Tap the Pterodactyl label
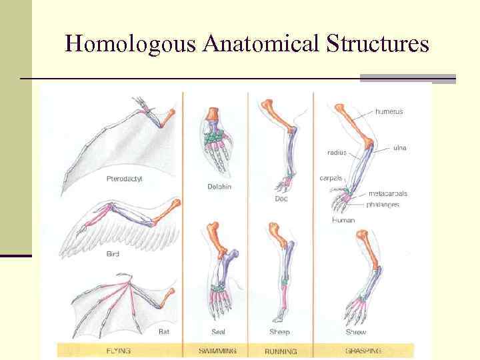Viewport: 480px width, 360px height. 124,179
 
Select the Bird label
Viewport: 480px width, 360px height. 113,254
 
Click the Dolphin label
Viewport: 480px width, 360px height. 219,187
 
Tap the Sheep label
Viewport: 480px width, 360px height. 280,332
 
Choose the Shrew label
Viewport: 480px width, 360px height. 355,332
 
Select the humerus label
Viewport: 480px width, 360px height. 389,112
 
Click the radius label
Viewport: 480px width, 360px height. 337,153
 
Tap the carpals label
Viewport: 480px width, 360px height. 331,178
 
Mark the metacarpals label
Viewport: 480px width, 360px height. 387,194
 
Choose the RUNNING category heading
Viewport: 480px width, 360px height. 281,351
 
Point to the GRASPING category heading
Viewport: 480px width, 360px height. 363,350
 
